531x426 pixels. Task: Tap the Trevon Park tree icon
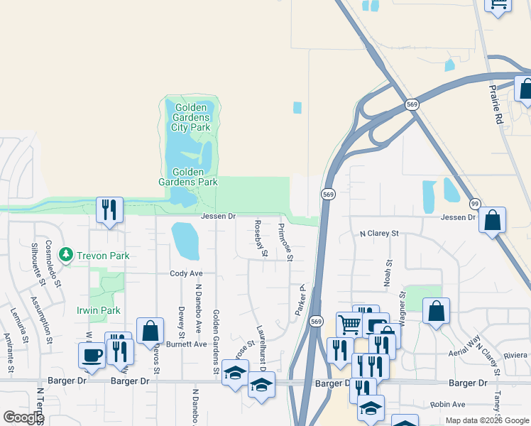67,254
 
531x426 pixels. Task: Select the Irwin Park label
99,310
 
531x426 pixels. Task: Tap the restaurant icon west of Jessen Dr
109,209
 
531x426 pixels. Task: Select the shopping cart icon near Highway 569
349,324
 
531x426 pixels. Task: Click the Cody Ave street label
186,273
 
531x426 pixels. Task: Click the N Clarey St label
380,233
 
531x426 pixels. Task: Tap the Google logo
23,417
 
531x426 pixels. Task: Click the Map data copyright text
486,420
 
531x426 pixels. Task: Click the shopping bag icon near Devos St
150,330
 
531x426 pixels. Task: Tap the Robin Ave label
449,404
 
